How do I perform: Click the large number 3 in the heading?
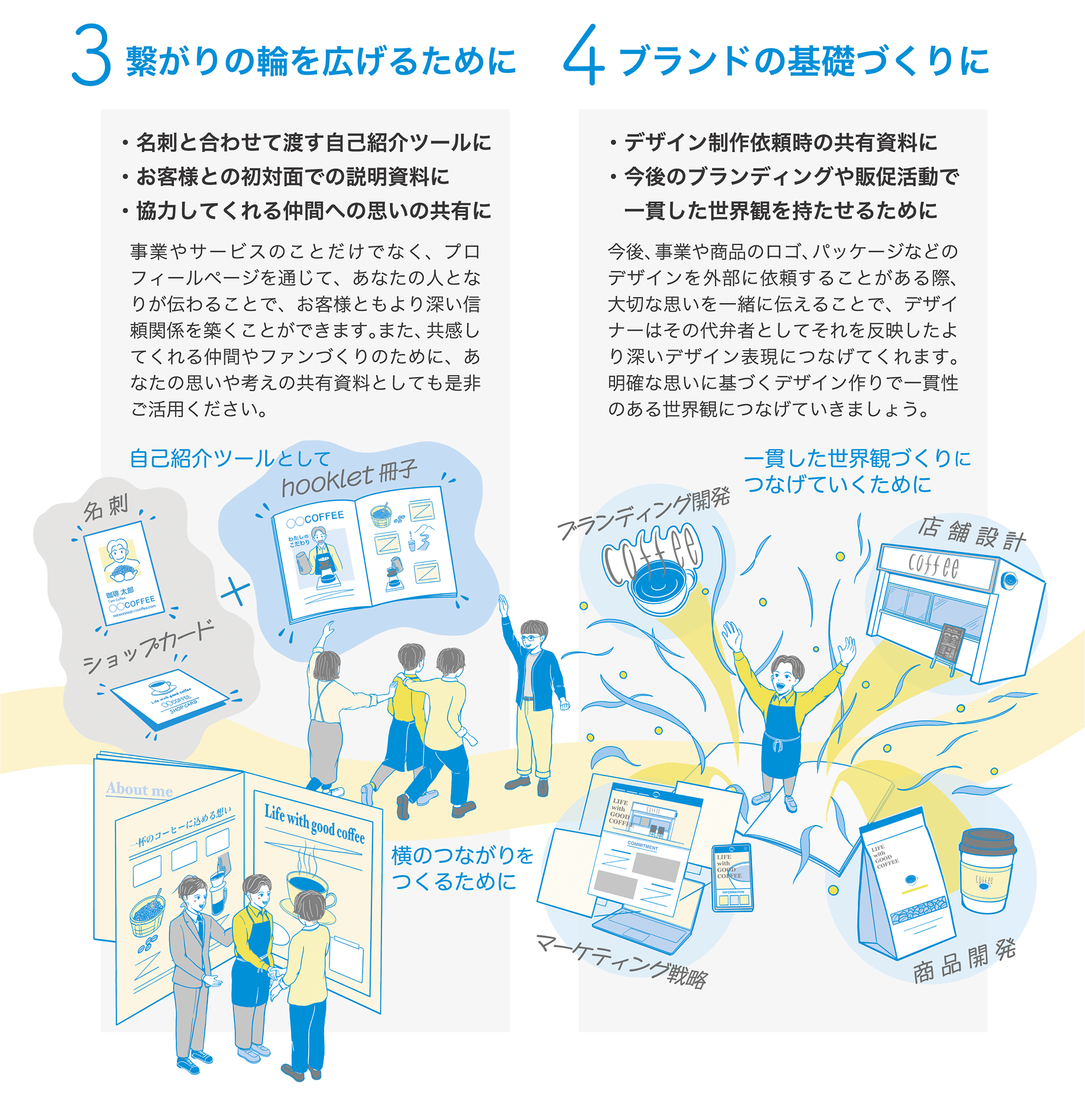(90, 55)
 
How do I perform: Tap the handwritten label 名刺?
(106, 507)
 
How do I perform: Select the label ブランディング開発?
(644, 513)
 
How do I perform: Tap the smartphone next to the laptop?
(732, 877)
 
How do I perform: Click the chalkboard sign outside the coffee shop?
(950, 644)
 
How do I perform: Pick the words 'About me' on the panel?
(140, 789)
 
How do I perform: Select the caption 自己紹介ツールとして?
(229, 458)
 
